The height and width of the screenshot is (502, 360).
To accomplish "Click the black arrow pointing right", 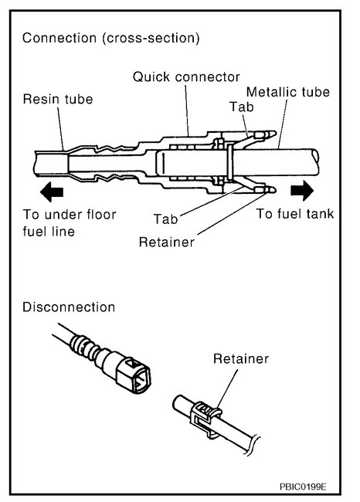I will pos(303,190).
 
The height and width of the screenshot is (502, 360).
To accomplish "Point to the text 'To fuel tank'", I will pos(296,214).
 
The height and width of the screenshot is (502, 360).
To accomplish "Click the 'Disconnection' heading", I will pos(69,307).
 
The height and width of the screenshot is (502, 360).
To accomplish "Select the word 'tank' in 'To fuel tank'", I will pos(319,214).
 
